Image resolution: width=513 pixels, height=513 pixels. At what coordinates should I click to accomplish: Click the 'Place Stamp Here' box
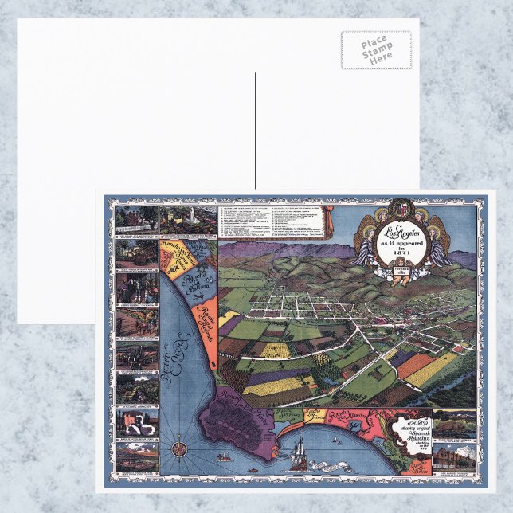coord(376,49)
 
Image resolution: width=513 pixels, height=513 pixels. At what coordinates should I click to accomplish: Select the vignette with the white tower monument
coord(188,218)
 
